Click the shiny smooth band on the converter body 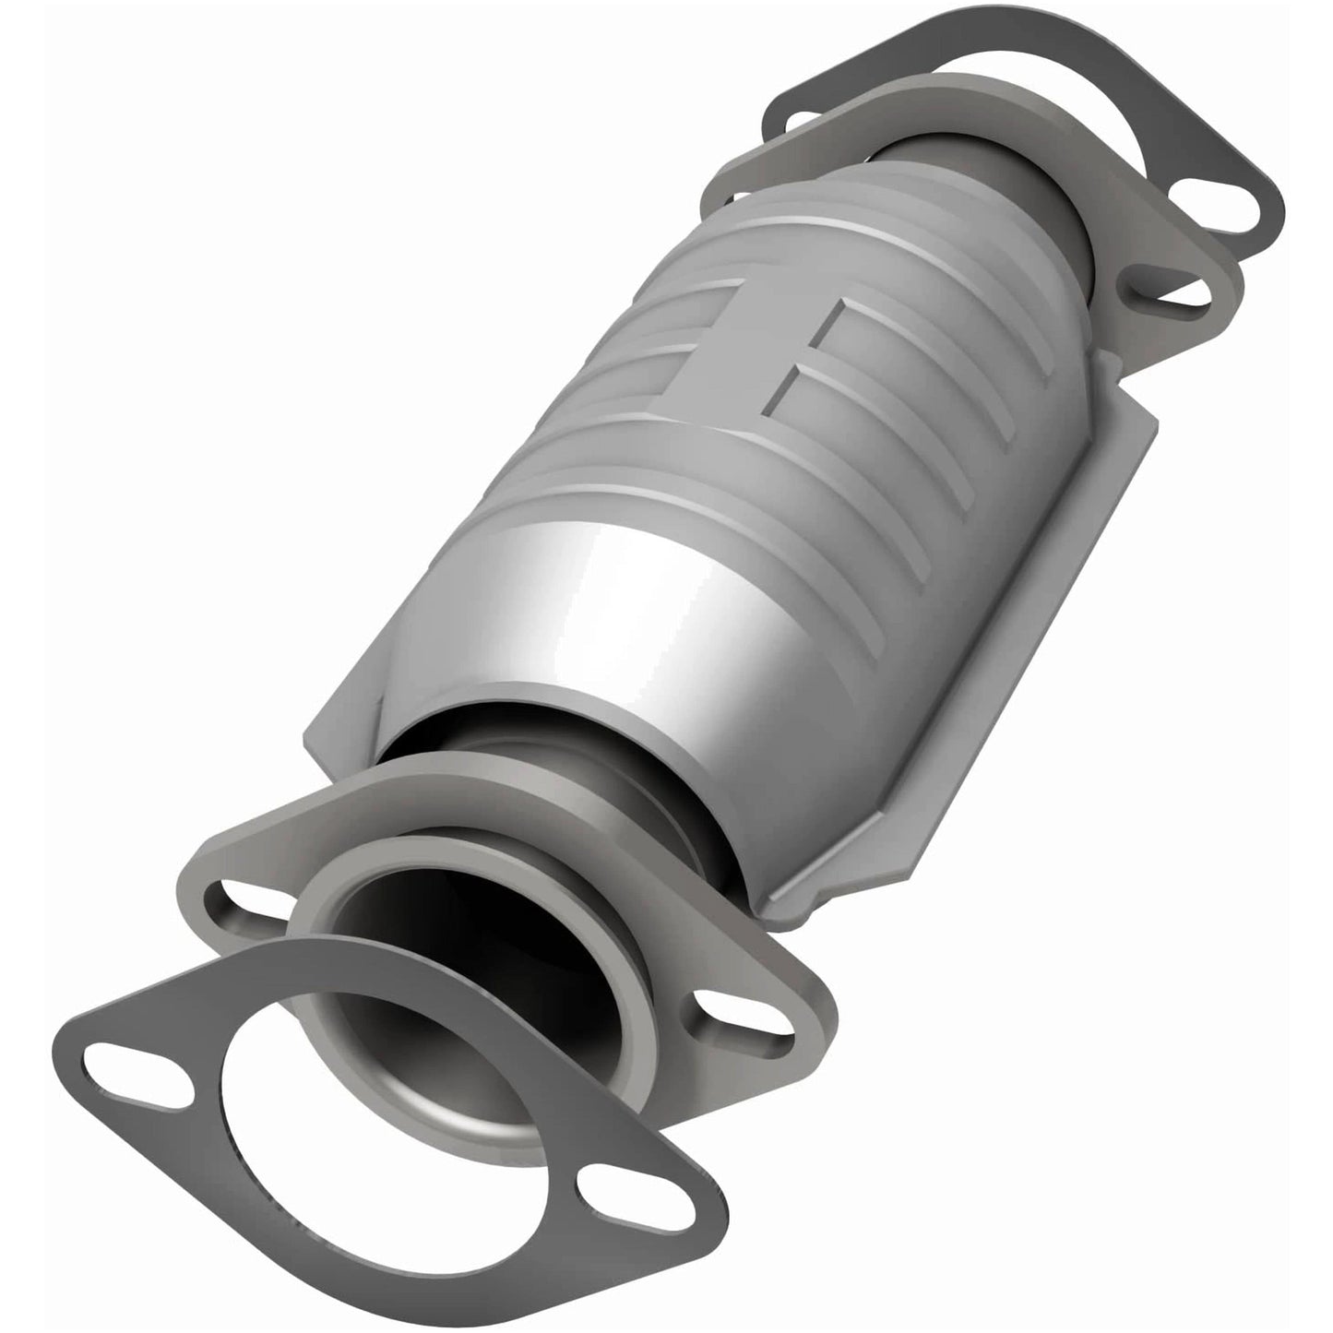coord(590,590)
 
